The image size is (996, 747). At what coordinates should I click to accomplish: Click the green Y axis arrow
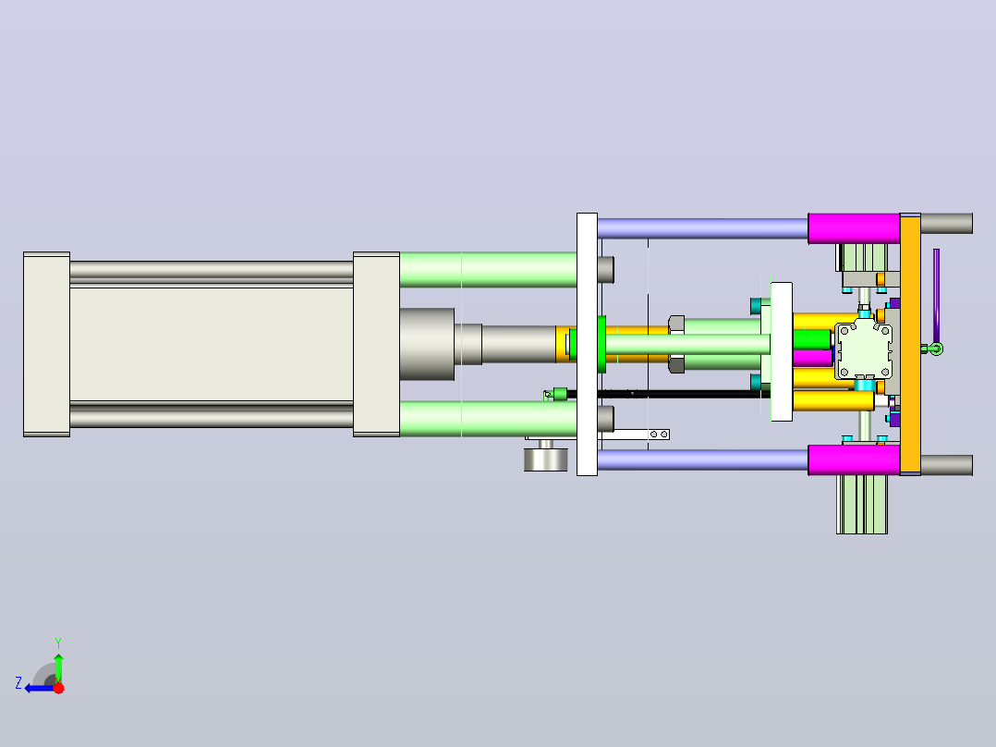pos(58,667)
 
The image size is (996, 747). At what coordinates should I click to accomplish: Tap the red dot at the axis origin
pos(58,688)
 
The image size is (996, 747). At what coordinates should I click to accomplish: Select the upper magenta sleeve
pos(854,228)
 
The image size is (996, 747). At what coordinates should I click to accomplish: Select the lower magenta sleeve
pos(854,459)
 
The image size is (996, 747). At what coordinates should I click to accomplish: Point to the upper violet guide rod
pos(702,228)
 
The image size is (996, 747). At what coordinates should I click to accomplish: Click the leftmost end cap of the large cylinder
pos(46,344)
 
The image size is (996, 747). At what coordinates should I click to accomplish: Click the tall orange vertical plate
pos(910,344)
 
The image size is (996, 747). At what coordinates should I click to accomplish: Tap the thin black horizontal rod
pos(667,394)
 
